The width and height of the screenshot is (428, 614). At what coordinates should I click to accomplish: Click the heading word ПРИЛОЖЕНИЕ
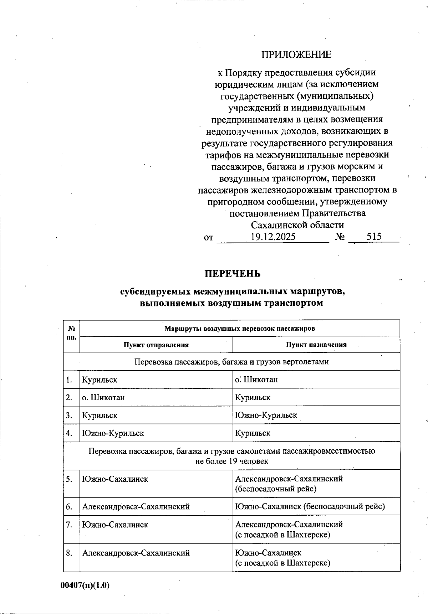coord(296,55)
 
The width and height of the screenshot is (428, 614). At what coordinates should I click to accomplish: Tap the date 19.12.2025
coord(273,237)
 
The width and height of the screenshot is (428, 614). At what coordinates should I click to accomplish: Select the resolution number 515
coord(373,237)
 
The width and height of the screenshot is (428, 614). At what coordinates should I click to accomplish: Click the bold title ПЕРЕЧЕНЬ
coord(232,274)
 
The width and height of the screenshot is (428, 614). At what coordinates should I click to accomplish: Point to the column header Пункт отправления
coord(156,345)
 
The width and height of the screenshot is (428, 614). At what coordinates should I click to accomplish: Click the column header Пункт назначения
coord(316,345)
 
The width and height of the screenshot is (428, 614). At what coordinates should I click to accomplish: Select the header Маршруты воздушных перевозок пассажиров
coord(239,328)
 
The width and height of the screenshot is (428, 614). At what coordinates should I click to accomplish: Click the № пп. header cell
coord(71,332)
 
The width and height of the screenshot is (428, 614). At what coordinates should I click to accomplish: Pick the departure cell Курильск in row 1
coord(100,380)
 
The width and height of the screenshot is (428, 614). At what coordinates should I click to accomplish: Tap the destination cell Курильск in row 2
coord(253,397)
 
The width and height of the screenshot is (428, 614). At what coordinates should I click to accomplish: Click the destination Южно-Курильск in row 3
coord(266,415)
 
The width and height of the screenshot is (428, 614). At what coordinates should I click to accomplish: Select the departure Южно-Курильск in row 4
coord(113,433)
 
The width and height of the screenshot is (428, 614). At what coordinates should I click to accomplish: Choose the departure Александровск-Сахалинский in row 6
coord(136,506)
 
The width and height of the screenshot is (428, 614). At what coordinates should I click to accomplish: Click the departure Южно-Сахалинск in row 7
coord(115,525)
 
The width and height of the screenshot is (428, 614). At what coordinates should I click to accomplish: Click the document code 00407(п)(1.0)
coord(85,585)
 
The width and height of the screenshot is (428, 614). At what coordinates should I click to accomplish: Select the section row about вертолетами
coord(231,362)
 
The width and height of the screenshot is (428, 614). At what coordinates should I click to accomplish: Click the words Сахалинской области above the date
coord(297,225)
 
